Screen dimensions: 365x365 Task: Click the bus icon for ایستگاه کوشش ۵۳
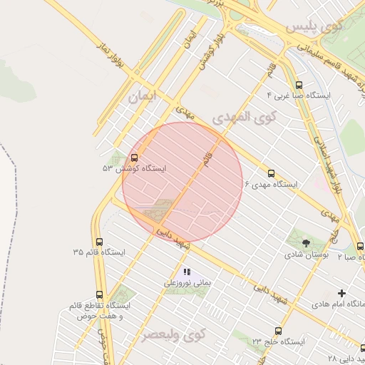tap(135, 158)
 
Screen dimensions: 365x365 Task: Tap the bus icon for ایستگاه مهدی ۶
tap(271, 173)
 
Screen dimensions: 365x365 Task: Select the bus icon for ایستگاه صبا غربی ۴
tap(297, 83)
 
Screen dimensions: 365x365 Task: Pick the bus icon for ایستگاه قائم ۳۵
tap(98, 242)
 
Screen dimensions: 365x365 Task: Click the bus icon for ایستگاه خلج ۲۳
tap(277, 331)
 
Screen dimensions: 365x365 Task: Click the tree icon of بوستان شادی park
tap(306, 243)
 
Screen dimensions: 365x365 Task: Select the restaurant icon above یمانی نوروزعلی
tap(187, 272)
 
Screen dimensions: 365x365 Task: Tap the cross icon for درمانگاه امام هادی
tap(341, 293)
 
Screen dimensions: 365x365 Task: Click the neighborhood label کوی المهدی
tap(243, 116)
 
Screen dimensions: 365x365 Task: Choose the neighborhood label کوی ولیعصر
tap(172, 334)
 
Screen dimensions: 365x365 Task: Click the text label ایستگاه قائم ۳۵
tap(98, 253)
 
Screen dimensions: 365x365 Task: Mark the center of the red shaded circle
tap(182, 182)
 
